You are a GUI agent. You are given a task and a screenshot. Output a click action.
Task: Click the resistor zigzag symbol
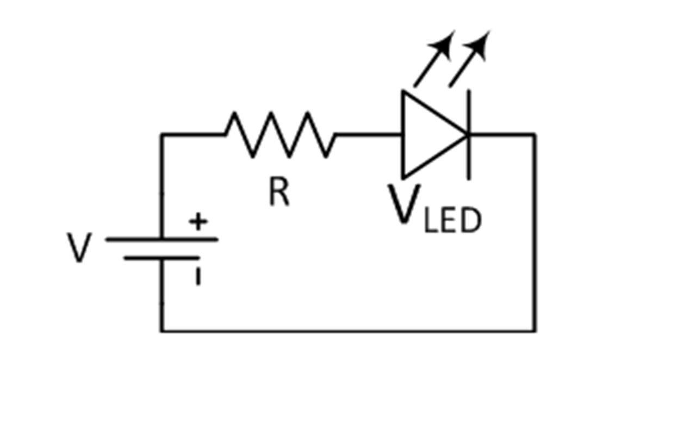(280, 135)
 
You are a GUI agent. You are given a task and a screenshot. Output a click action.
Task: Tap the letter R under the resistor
(279, 193)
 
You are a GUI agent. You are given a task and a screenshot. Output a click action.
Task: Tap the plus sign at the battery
(198, 222)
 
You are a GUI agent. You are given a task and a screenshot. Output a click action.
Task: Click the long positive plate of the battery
(162, 239)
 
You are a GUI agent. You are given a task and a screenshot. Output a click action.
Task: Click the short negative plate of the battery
(162, 258)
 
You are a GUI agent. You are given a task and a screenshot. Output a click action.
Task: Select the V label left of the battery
(79, 248)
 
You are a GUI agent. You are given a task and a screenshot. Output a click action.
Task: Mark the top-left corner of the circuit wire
(161, 134)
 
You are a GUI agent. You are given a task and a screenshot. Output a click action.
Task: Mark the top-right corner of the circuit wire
(535, 134)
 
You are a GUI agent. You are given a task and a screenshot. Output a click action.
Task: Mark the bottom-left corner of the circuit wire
(161, 330)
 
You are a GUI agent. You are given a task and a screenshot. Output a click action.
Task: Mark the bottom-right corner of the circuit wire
(535, 330)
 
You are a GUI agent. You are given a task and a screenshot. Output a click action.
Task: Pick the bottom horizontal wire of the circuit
(348, 330)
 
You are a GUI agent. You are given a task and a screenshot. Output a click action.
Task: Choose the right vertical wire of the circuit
(535, 234)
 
